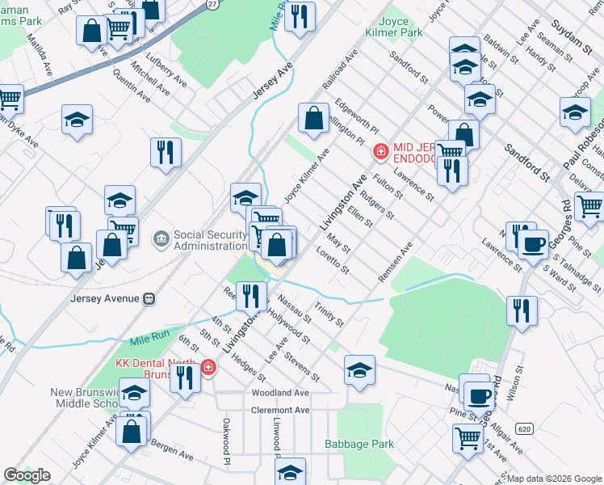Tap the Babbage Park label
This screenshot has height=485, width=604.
pos(359,444)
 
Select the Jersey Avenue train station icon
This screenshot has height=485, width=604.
pos(149,298)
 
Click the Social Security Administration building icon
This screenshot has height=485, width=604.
pos(161,238)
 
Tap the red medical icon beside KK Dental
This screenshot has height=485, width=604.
pos(208,368)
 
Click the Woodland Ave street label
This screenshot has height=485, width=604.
pos(280,393)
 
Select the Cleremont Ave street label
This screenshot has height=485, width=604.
pos(280,411)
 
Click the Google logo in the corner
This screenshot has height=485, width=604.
pos(27,475)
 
